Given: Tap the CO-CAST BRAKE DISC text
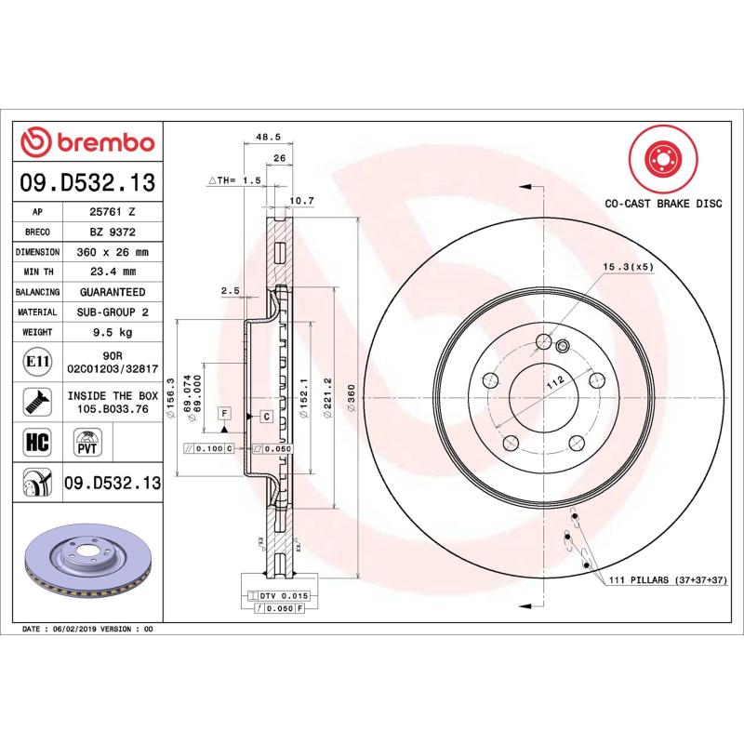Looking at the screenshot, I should (x=663, y=202).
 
